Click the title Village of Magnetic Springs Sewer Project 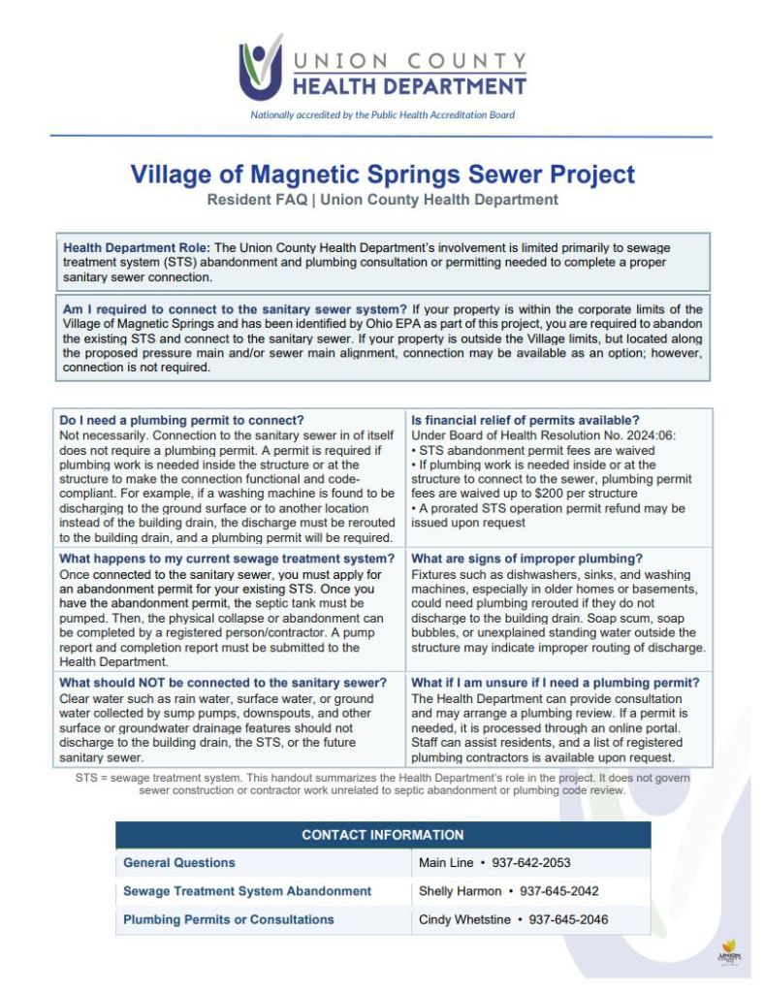[x=382, y=175]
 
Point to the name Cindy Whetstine [x=464, y=919]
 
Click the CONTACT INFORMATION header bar [x=382, y=834]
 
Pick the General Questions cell [x=179, y=862]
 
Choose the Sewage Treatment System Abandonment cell [x=247, y=890]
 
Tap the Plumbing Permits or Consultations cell [x=229, y=919]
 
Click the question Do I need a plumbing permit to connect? [x=182, y=420]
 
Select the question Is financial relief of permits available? [x=525, y=420]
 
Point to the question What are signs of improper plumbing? [x=526, y=559]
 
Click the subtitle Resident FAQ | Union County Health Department [x=382, y=200]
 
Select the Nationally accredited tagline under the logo [x=382, y=114]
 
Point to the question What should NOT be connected [x=223, y=683]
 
